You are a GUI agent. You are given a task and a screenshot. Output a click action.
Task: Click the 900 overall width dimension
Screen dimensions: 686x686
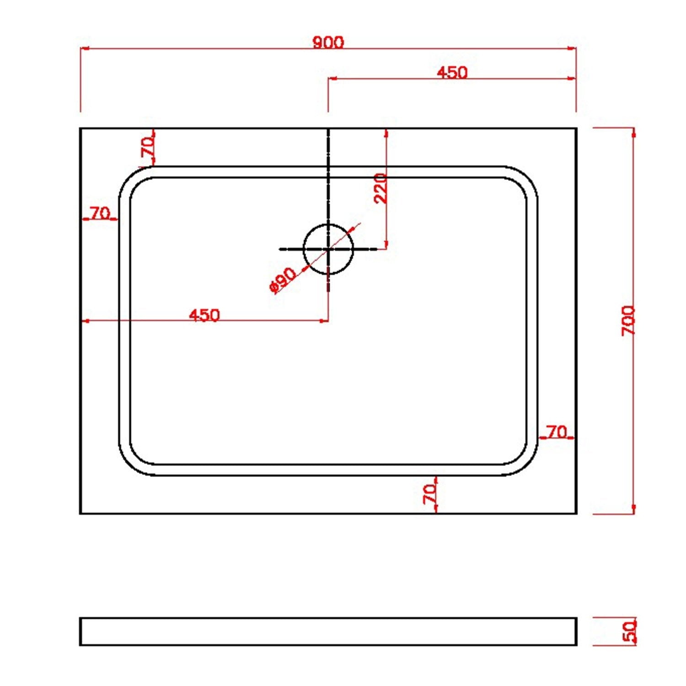[x=328, y=42]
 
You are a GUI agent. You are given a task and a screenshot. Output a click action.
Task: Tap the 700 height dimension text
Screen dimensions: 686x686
[x=629, y=321]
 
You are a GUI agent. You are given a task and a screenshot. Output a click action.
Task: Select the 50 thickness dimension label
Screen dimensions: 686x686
[x=630, y=631]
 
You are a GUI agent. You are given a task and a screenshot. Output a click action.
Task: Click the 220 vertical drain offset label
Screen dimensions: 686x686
[x=381, y=188]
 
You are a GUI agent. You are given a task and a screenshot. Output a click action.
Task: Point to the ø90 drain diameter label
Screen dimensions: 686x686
[x=282, y=279]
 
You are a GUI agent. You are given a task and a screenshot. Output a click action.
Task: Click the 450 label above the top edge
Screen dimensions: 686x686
[x=452, y=73]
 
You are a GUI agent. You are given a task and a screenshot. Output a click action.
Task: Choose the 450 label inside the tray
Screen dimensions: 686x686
[x=204, y=315]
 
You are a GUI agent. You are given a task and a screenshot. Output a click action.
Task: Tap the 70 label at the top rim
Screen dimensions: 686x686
[x=148, y=147]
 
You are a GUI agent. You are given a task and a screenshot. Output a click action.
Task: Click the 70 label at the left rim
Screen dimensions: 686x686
[x=100, y=213]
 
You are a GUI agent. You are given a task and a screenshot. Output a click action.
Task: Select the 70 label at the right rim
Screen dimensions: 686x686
[x=557, y=432]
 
